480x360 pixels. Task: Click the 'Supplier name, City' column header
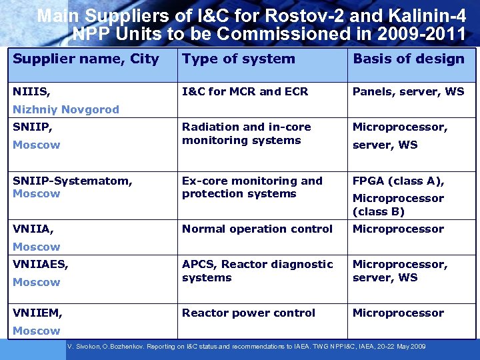tap(86, 59)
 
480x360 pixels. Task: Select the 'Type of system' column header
tap(239, 59)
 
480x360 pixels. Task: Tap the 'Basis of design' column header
tap(409, 59)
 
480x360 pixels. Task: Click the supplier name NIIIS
tap(31, 92)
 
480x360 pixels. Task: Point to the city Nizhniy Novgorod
tap(66, 110)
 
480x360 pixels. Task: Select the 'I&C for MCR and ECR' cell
tap(245, 92)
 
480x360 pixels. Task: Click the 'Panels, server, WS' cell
tap(409, 92)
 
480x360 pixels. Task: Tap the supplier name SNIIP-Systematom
tap(73, 181)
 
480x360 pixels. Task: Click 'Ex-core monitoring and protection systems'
tap(252, 187)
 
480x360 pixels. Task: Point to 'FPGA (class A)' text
tap(399, 181)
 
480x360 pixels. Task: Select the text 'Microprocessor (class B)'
tap(398, 205)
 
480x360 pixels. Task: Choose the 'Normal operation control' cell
tap(257, 229)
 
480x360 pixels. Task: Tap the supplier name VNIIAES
tap(41, 265)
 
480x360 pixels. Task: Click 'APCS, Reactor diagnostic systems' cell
tap(257, 271)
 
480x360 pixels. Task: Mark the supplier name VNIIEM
tap(37, 313)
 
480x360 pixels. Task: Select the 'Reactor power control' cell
tap(249, 313)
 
